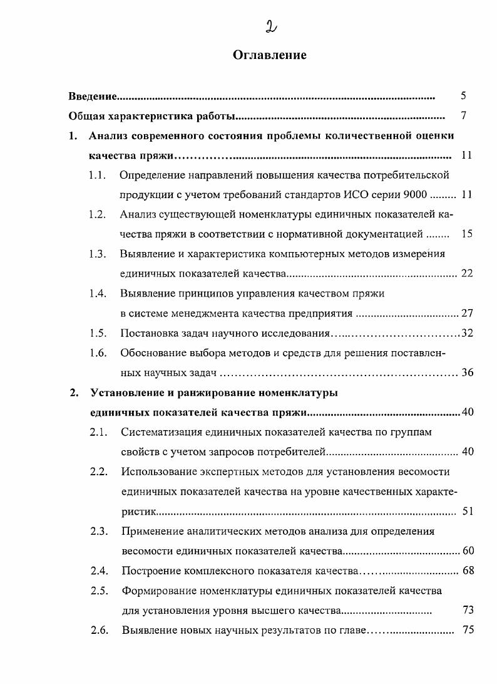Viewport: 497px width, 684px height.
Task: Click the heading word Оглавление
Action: tap(269, 55)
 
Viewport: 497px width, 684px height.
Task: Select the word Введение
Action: tap(93, 97)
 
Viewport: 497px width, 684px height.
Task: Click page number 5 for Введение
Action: tap(463, 96)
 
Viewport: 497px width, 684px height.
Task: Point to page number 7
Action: tap(463, 116)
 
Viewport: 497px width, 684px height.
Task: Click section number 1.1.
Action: tap(96, 175)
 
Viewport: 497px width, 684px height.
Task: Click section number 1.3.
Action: tap(97, 254)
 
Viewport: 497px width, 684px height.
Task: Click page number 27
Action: tap(467, 313)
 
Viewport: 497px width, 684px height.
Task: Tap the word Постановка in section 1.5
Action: tap(149, 333)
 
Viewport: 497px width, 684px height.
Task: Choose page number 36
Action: tap(467, 373)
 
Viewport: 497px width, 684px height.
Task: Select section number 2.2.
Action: tap(99, 471)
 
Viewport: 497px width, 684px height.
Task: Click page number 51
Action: tap(467, 512)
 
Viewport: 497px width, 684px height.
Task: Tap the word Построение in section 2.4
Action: tap(150, 571)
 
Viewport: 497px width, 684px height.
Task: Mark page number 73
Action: tap(468, 610)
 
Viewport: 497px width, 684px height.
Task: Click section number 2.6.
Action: tap(100, 630)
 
